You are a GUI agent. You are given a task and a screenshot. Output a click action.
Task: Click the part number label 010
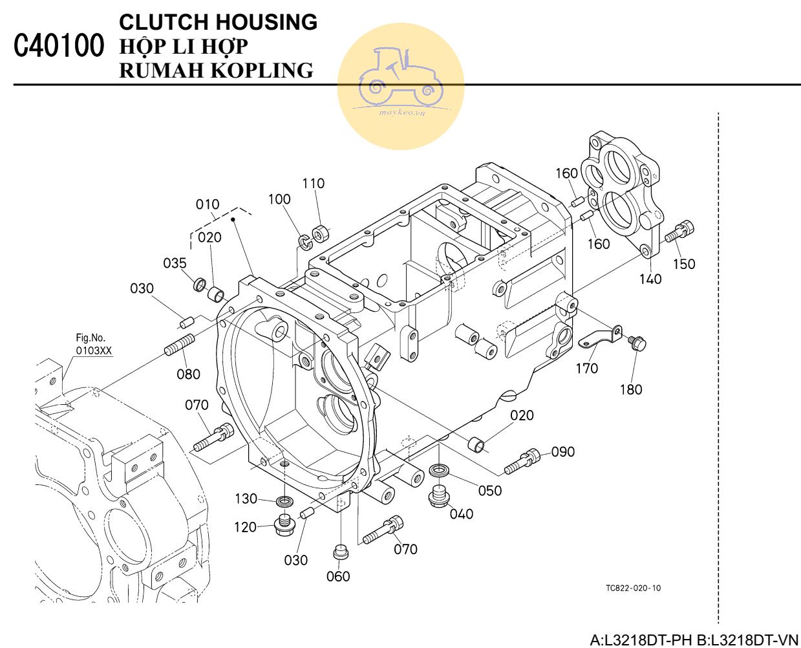(x=208, y=204)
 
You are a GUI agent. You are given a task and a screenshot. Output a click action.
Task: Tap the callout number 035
(x=175, y=263)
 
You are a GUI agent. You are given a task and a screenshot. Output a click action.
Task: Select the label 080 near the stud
(x=188, y=374)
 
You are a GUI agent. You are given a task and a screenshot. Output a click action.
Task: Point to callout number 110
(x=314, y=184)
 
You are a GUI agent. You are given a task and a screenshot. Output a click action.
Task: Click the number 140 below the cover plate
(x=650, y=279)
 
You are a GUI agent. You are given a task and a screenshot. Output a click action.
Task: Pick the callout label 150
(x=684, y=264)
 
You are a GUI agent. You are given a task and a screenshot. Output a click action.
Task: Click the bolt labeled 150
(x=680, y=231)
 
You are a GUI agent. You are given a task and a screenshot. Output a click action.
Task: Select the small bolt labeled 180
(x=637, y=343)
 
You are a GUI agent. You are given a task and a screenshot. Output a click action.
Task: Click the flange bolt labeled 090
(x=522, y=460)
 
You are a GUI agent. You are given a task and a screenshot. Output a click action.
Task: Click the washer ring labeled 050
(x=439, y=470)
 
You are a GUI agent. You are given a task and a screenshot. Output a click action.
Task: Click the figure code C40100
(x=58, y=47)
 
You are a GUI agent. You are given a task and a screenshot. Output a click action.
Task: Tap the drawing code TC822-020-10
(x=633, y=589)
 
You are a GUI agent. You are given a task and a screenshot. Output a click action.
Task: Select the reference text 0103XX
(x=94, y=351)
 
